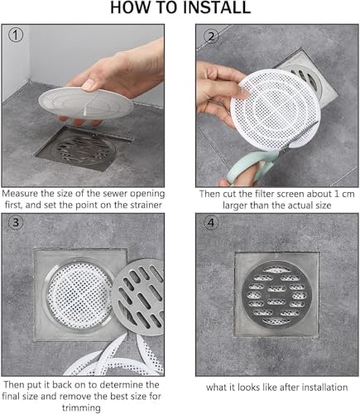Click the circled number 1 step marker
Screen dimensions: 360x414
pos(16,36)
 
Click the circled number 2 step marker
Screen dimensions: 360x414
pos(211,36)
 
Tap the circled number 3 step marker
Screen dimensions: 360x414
pos(16,222)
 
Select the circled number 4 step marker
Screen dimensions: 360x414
pos(211,223)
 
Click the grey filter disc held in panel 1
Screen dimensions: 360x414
pos(86,103)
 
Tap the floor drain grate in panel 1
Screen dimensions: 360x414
pos(83,150)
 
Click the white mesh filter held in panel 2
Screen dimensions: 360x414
pos(276,110)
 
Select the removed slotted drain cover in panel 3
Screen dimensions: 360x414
pos(139,296)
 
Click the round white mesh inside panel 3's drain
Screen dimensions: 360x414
pos(79,296)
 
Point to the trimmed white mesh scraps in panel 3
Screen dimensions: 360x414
pos(116,358)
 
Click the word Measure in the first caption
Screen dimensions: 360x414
pos(20,193)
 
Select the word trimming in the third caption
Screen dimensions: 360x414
pos(81,407)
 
